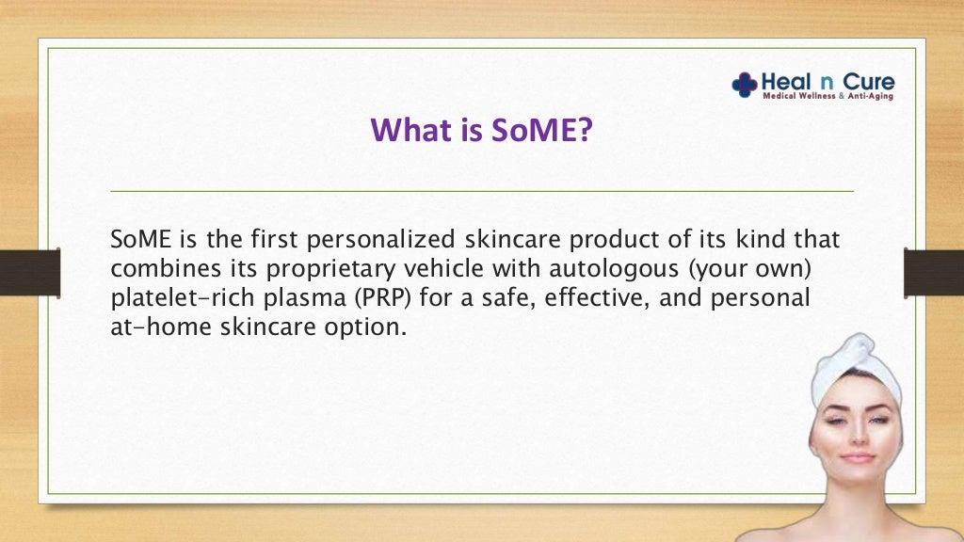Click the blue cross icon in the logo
(744, 85)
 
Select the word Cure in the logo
(868, 82)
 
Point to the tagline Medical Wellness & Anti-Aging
(828, 96)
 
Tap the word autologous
(612, 268)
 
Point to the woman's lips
(858, 458)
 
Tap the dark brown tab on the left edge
(30, 273)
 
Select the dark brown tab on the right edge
(934, 273)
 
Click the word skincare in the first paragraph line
(513, 239)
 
